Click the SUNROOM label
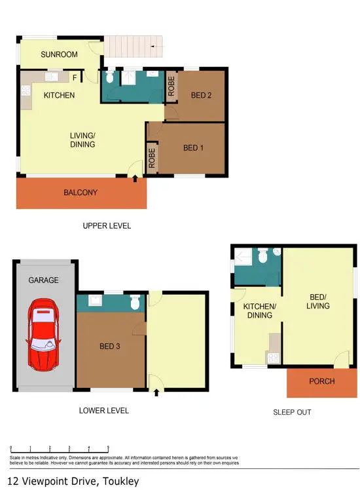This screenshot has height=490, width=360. [59, 54]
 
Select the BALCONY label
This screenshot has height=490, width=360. [81, 193]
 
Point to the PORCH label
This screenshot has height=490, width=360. [321, 381]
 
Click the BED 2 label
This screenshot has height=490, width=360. [202, 96]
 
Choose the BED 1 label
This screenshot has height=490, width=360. [193, 148]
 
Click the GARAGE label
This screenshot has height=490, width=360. [43, 280]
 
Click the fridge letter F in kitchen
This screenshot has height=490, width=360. [75, 77]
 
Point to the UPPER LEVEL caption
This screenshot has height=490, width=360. [107, 226]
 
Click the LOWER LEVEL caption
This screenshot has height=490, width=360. [103, 411]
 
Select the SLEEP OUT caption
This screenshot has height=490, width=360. [292, 413]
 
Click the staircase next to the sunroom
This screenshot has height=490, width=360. [134, 47]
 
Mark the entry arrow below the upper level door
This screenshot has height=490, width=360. [135, 177]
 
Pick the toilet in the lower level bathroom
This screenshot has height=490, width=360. [135, 303]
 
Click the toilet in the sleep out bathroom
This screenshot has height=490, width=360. [263, 257]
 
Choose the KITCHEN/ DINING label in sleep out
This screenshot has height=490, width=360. [260, 311]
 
